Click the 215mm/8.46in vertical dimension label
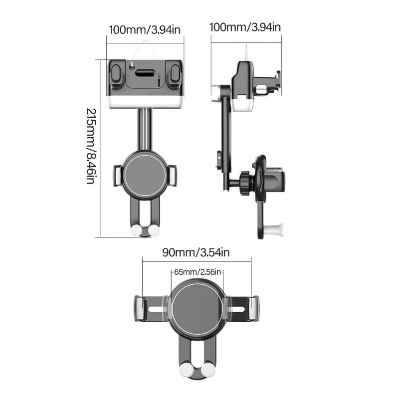90,146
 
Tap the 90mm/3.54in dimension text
196,252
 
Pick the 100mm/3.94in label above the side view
245,27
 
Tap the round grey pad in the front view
145,172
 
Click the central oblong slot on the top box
146,73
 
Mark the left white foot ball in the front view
136,230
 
